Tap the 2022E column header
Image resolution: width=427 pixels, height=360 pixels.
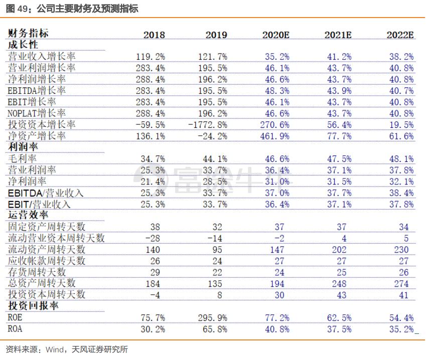click(400, 35)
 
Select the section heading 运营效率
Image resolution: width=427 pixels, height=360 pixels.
click(27, 216)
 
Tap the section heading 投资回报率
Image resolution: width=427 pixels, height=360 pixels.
click(32, 306)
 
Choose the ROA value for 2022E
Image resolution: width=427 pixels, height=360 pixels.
click(401, 329)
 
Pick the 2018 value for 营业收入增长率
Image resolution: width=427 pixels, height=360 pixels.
click(150, 57)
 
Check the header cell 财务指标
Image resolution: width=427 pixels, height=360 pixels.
click(28, 34)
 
